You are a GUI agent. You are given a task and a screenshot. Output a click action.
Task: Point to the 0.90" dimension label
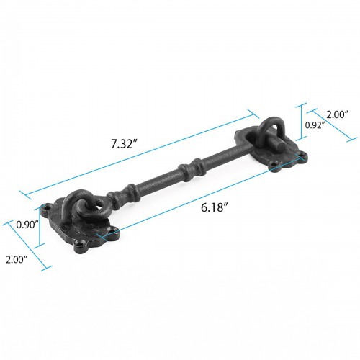click(x=27, y=225)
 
